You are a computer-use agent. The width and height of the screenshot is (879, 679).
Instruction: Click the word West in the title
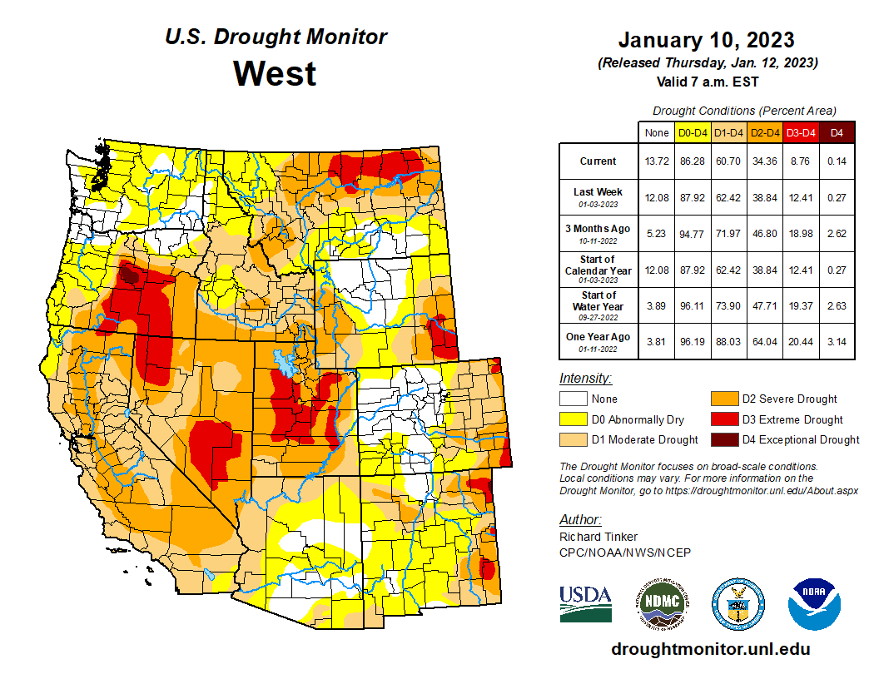coord(275,73)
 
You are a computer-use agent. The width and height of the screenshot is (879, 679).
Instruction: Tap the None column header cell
coord(656,131)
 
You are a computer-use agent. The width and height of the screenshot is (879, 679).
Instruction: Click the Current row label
coord(598,161)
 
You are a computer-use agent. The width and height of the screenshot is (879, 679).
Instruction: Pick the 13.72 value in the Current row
coord(656,161)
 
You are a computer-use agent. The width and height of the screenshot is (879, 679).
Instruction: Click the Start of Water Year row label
coord(598,306)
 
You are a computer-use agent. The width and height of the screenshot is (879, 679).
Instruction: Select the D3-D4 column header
coord(801,131)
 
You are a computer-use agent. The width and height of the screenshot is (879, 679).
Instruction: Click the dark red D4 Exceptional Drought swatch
coord(724,439)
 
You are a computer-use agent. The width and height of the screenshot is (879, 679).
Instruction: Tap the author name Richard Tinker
coord(598,537)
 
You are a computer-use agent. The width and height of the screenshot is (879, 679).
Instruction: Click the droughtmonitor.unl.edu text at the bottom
coord(710,649)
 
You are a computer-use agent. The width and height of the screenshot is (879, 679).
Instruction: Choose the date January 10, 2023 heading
coord(706,40)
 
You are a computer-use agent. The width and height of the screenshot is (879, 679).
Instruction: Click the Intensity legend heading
coord(585,379)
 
